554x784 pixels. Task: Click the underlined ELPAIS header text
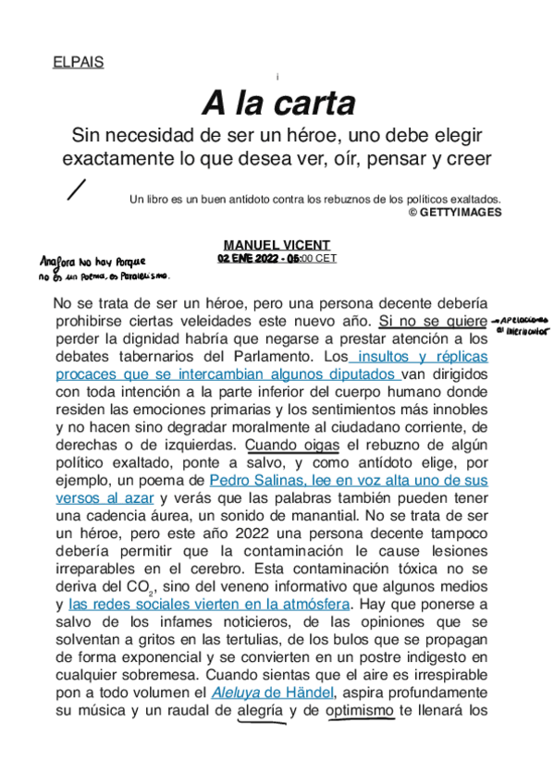[x=79, y=63]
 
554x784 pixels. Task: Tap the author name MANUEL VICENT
[x=277, y=245]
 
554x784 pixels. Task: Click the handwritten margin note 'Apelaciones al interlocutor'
[x=523, y=321]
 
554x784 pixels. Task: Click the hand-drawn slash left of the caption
[x=77, y=190]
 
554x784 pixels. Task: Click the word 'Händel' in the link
[x=305, y=692]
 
